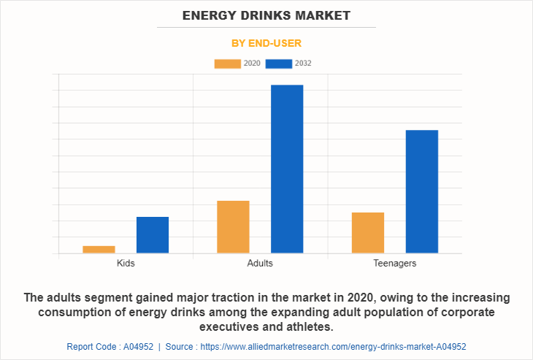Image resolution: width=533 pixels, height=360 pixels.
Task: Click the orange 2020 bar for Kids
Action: (x=99, y=250)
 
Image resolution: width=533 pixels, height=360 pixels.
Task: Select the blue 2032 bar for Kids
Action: (x=153, y=235)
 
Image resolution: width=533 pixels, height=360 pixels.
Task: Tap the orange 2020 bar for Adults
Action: (x=233, y=227)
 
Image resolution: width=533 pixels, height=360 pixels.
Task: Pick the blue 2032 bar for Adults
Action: (x=287, y=169)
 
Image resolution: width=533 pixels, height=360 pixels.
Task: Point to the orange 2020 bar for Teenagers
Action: (x=368, y=233)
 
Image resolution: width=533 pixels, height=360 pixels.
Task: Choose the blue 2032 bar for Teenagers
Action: (x=421, y=191)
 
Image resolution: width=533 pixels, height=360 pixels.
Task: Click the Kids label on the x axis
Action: (x=126, y=263)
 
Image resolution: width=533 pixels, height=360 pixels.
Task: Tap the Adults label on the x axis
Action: (x=260, y=263)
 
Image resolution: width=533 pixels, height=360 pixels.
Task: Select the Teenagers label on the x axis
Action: (x=394, y=263)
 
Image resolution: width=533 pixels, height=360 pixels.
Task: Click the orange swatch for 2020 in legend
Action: (x=227, y=64)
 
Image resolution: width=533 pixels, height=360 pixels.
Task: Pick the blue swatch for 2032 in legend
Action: (x=279, y=64)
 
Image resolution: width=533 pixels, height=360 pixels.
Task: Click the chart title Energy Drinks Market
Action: (x=266, y=15)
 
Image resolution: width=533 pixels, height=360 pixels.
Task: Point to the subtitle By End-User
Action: (x=266, y=43)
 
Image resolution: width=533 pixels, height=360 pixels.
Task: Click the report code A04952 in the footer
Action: (x=110, y=347)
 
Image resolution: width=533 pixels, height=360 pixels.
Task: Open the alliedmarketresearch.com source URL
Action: (x=333, y=347)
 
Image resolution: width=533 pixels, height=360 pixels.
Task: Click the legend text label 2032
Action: (x=303, y=64)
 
